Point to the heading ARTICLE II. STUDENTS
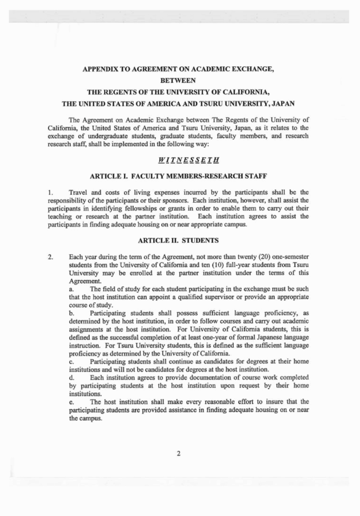pos(179,241)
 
